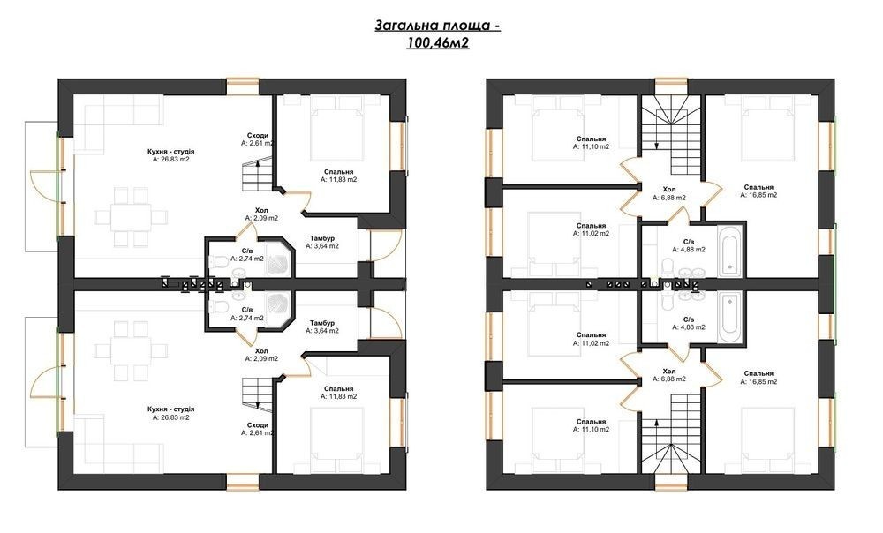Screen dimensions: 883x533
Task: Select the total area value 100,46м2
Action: (x=438, y=42)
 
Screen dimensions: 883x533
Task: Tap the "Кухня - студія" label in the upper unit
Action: (x=171, y=152)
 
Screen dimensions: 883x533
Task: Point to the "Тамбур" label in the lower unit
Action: (x=322, y=323)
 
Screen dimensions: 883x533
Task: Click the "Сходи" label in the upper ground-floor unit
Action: (x=257, y=136)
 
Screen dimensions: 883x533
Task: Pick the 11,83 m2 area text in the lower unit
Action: (x=338, y=397)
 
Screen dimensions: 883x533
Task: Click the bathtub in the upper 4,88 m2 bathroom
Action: (x=730, y=251)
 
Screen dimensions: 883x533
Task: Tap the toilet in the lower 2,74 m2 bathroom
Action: (x=219, y=306)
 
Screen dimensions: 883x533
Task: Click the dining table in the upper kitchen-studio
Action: (x=131, y=217)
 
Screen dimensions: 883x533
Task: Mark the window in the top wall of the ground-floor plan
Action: (x=243, y=86)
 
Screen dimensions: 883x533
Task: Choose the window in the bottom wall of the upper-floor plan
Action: (x=671, y=482)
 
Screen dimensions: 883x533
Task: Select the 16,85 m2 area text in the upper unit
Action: (x=758, y=195)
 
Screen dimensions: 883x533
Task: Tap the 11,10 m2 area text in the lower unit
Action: (x=592, y=430)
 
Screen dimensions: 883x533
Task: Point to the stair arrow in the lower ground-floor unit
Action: (x=257, y=396)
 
